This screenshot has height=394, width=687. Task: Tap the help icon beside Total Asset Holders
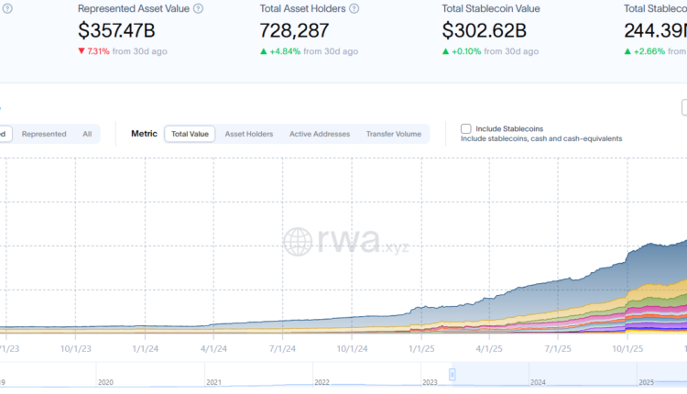(354, 8)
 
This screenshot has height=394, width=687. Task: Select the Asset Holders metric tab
(248, 134)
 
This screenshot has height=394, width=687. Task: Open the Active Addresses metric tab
(320, 134)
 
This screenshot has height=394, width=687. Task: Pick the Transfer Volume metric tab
(394, 134)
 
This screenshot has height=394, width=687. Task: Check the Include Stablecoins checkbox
(466, 129)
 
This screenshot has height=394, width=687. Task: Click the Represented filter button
(44, 134)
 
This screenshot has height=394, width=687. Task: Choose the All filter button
(87, 134)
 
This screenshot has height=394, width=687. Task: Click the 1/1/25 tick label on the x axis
(420, 348)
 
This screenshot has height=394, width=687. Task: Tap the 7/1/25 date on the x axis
(558, 348)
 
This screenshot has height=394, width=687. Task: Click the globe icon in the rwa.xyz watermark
(299, 241)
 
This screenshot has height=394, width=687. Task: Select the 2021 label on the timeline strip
(213, 382)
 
